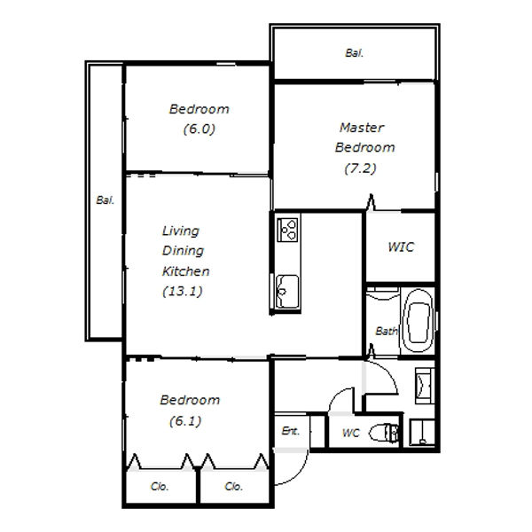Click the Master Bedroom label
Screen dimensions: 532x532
coord(364,137)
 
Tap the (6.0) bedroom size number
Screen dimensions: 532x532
coord(199,129)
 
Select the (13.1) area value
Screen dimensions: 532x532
coord(183,291)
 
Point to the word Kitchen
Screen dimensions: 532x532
coord(185,271)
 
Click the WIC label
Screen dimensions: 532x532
coord(401,246)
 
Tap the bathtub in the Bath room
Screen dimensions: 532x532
coord(418,321)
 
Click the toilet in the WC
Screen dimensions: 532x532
coord(383,433)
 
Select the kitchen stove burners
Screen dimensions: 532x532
coord(287,230)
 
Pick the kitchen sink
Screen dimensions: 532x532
coord(287,291)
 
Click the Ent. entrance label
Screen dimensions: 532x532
coord(291,431)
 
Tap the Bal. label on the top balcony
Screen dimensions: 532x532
coord(354,53)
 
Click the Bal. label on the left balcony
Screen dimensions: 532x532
coord(106,199)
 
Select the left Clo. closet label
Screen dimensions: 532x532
coord(160,486)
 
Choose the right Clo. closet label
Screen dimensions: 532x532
coord(233,486)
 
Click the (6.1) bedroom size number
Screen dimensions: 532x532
coord(185,420)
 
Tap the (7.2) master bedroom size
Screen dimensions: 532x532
coord(360,168)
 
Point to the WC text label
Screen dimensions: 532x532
coord(350,433)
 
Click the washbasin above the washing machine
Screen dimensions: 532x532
coord(425,386)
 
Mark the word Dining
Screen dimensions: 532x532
coord(183,251)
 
